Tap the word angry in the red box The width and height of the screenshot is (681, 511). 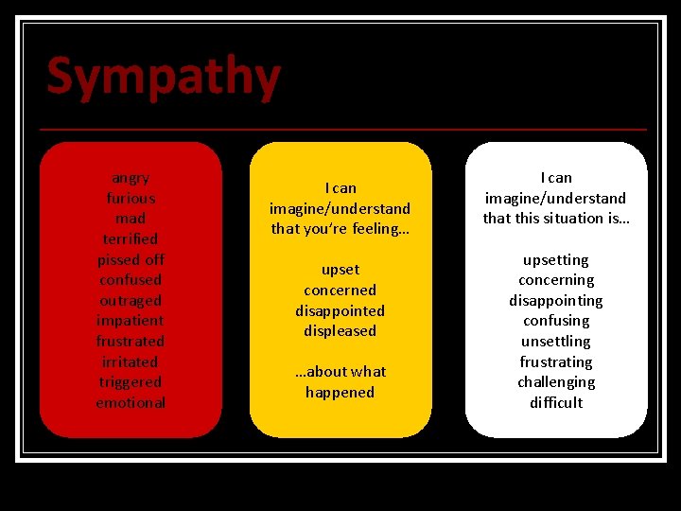[x=131, y=178]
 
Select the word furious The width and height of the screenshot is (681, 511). [x=131, y=199]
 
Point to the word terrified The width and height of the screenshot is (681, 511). [x=131, y=239]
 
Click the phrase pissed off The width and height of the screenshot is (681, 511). [x=131, y=259]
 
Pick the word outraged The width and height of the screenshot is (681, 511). [x=131, y=301]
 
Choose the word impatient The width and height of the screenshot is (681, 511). [x=131, y=321]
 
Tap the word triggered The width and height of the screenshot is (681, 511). [x=131, y=382]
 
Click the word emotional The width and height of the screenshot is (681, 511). [x=131, y=403]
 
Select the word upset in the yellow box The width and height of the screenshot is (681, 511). [x=340, y=270]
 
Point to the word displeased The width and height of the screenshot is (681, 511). [x=340, y=331]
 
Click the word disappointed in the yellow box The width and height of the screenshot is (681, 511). [x=340, y=310]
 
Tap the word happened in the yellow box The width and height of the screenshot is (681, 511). [x=340, y=393]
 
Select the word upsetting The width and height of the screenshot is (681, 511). [x=555, y=260]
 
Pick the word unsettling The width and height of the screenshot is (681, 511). [x=555, y=342]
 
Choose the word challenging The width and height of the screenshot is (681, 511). [x=555, y=382]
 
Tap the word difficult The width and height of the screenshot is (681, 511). [x=555, y=403]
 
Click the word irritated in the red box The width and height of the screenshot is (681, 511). [x=131, y=362]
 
